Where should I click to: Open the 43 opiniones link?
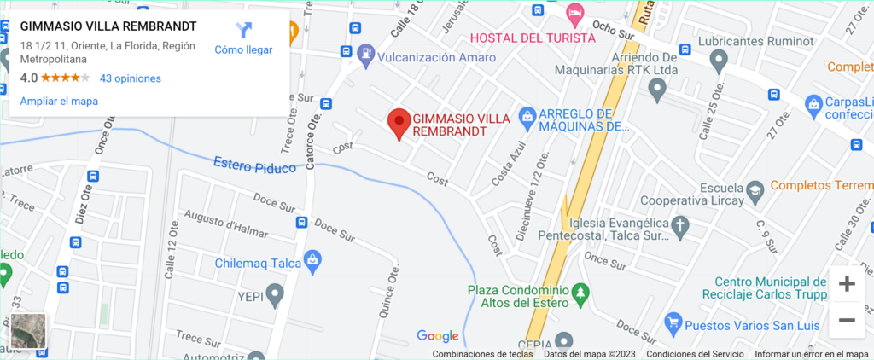131,78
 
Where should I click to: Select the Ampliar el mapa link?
59,101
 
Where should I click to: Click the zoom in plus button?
847,284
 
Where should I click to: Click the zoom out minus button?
847,320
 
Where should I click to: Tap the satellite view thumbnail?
28,333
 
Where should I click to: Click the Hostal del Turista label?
533,38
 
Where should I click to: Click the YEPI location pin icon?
274,296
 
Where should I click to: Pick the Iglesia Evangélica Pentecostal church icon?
679,226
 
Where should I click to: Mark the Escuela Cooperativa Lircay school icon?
755,192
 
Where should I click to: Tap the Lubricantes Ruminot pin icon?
719,61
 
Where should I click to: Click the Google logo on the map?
438,336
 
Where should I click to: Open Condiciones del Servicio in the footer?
695,354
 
